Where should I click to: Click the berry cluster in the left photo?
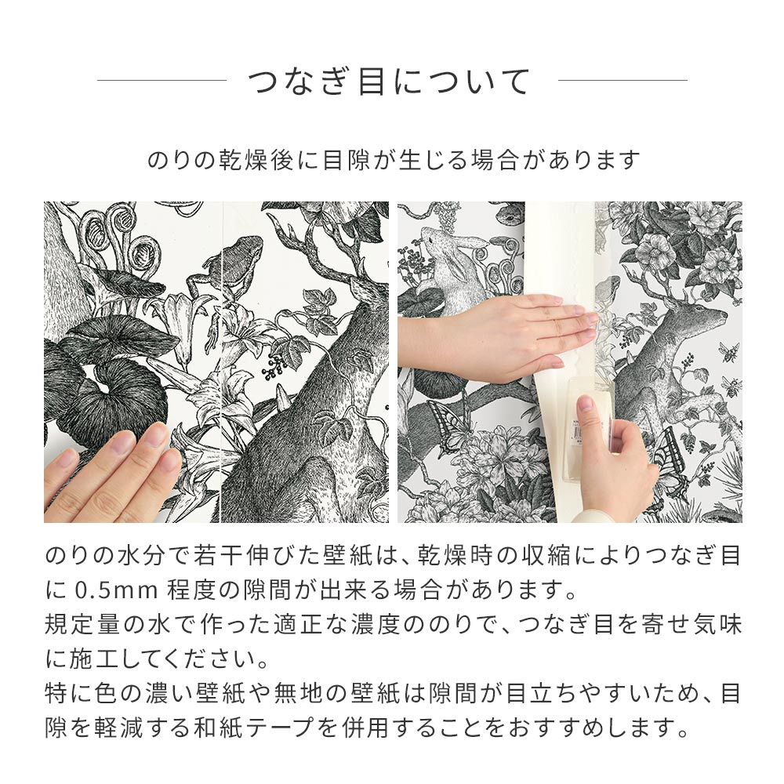[276, 365]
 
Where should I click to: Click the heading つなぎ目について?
[390, 82]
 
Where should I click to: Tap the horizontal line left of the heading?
[162, 80]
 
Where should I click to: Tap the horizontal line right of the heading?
[622, 80]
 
